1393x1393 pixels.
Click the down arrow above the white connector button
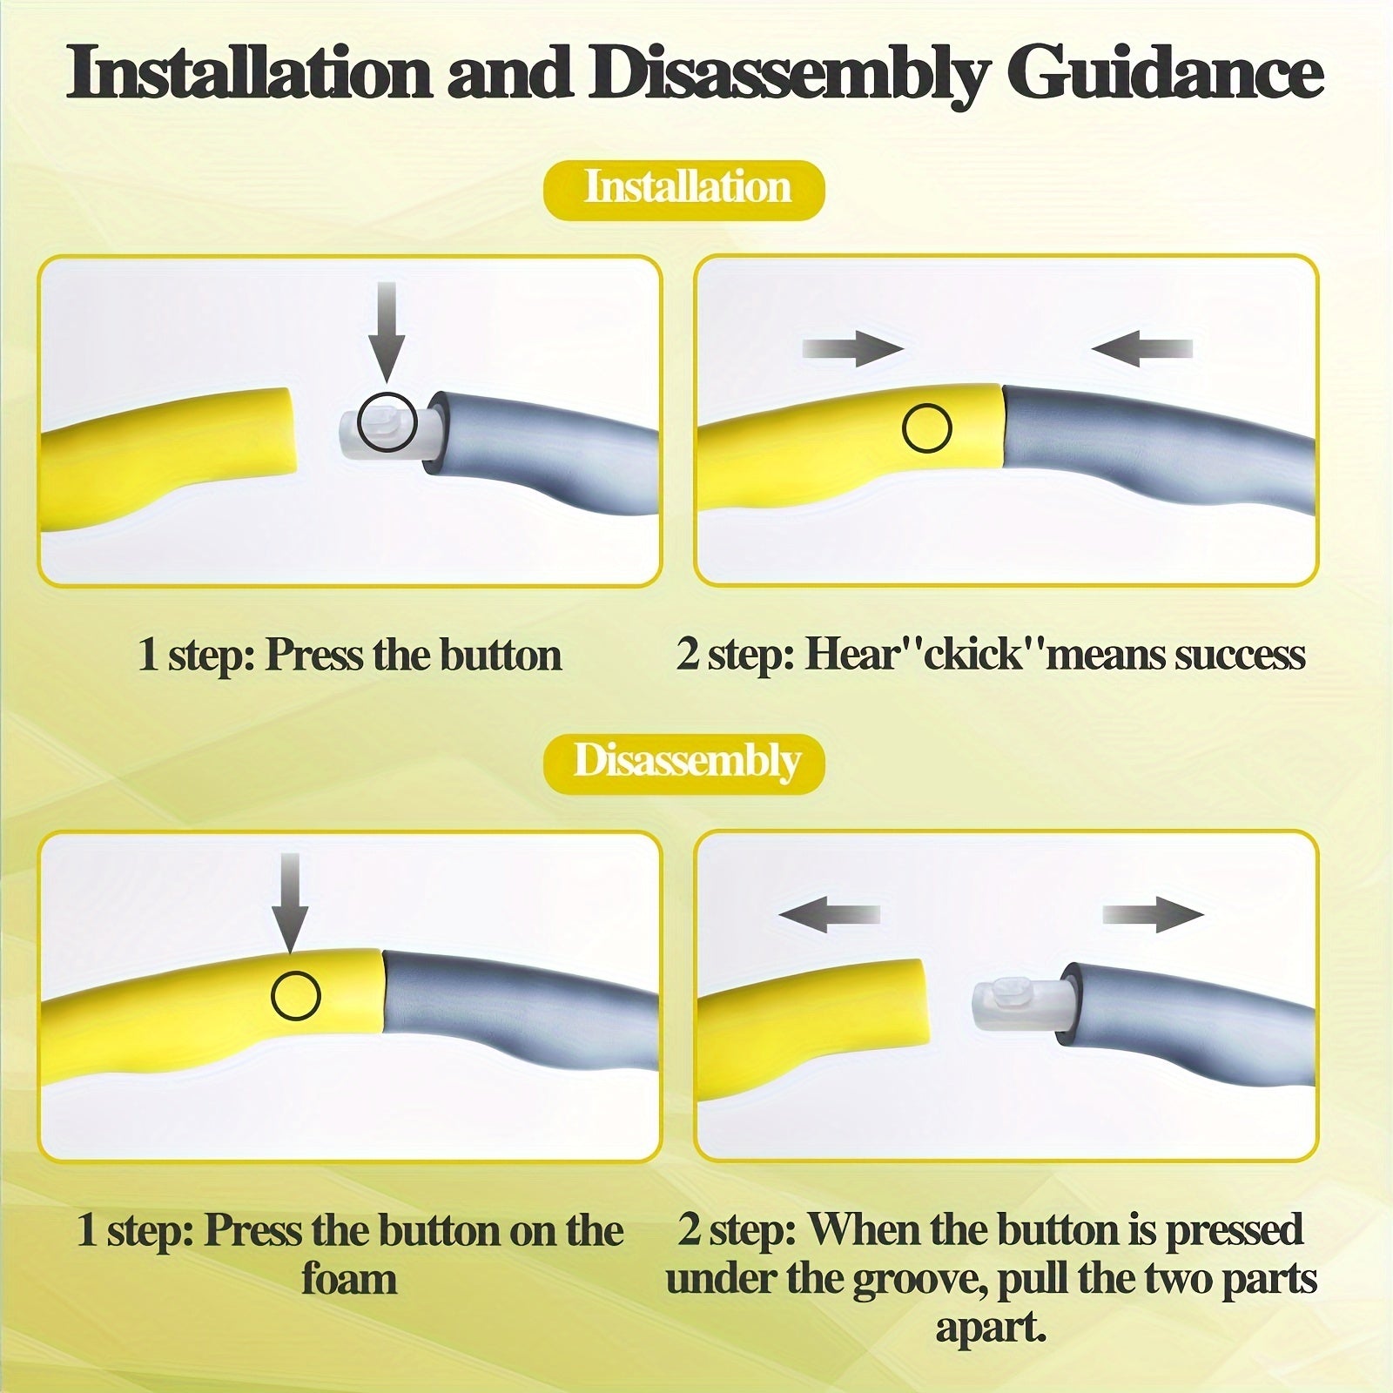pos(386,333)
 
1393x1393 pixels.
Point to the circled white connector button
pos(387,422)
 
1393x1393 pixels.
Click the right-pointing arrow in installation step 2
pos(852,349)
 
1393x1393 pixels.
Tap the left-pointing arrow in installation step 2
pos(1141,349)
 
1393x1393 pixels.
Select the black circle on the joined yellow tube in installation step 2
pos(927,427)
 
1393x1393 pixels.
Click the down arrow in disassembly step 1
pos(290,903)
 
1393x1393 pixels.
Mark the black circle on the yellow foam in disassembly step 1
pos(296,995)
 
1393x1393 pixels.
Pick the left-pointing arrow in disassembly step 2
pos(829,915)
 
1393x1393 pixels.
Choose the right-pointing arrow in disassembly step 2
pos(1154,915)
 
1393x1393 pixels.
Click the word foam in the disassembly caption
pos(349,1280)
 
